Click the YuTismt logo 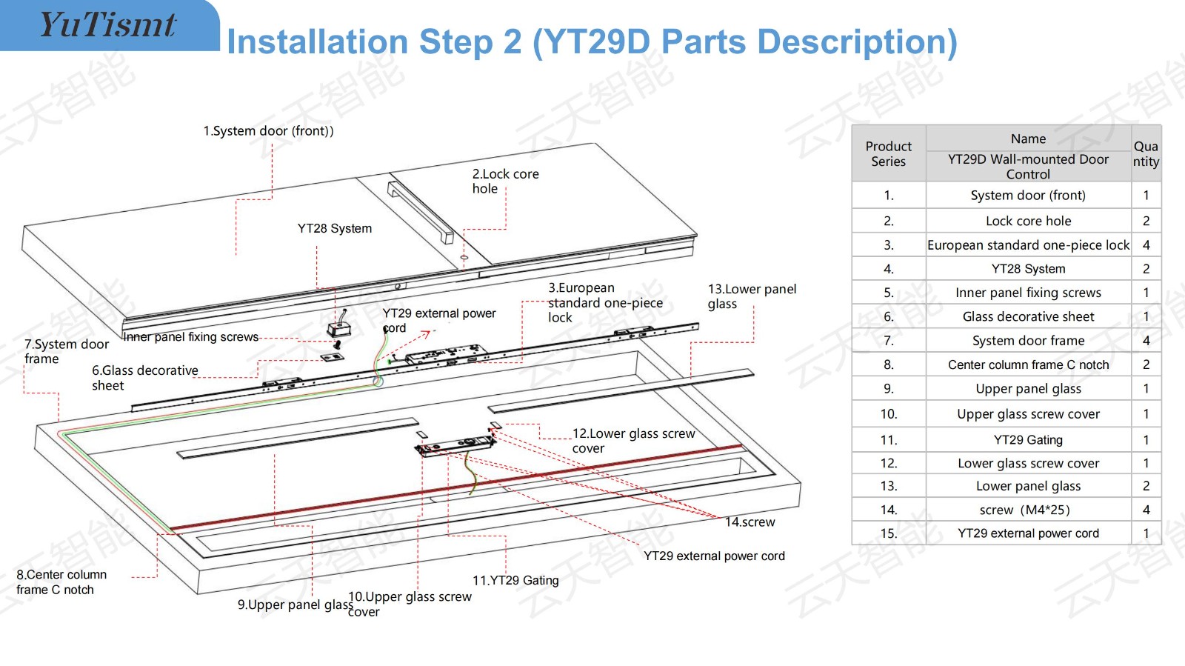[108, 24]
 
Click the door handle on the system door [421, 212]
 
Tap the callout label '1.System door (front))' [268, 130]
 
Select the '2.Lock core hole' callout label [505, 181]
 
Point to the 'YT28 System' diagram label [334, 228]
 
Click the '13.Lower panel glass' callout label [752, 296]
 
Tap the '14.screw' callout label [750, 522]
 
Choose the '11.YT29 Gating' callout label [515, 580]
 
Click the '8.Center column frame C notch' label [61, 582]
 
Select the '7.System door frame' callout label [67, 351]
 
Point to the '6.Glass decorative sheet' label [145, 378]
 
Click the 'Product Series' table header [888, 153]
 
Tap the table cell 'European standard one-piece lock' [1028, 245]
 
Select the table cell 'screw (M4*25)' [1025, 510]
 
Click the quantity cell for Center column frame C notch [1146, 364]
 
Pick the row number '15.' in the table [889, 533]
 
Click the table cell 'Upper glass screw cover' [1028, 413]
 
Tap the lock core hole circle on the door [464, 258]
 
